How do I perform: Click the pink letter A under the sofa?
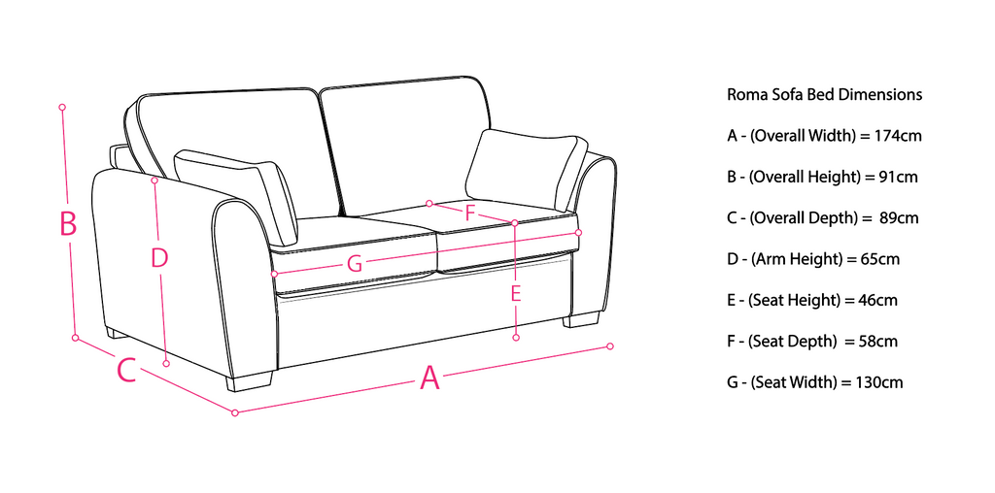[x=429, y=378]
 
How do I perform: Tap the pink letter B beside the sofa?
[x=68, y=224]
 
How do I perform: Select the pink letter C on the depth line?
[x=126, y=370]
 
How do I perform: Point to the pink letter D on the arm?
[x=159, y=258]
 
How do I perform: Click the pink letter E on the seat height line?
[x=516, y=293]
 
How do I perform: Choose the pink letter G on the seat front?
[x=354, y=263]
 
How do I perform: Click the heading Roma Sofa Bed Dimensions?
[x=824, y=95]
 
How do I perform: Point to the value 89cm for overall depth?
[x=898, y=218]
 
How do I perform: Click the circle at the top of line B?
[x=62, y=106]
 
